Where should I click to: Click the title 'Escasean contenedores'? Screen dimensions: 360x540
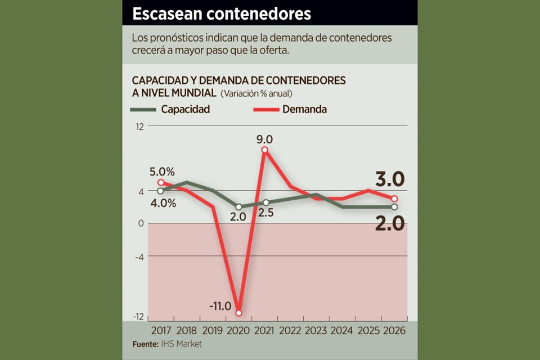point(222,13)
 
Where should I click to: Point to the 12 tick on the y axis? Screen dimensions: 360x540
point(138,127)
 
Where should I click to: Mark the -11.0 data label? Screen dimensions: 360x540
point(220,306)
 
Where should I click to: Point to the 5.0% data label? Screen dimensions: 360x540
point(162,170)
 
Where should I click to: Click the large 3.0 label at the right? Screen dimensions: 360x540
point(390,179)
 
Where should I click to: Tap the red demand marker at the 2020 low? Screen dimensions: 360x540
point(239,313)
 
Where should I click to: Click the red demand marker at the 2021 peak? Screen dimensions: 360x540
point(265,150)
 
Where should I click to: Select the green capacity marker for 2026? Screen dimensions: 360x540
point(394,207)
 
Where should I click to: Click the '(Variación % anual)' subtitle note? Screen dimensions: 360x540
point(256,93)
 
